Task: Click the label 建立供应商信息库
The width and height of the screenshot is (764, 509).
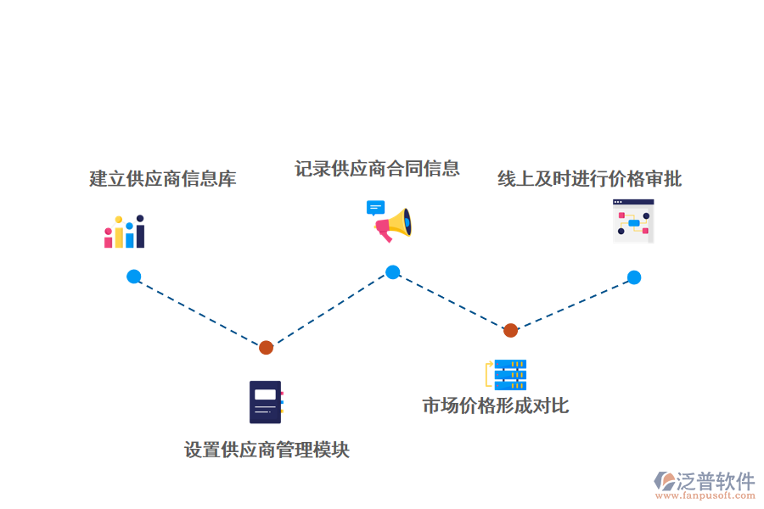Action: pyautogui.click(x=163, y=179)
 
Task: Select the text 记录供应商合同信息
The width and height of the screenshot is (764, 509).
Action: pyautogui.click(x=377, y=169)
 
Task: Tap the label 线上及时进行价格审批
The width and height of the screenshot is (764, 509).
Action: pyautogui.click(x=589, y=179)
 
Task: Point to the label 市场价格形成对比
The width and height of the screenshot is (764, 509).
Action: pyautogui.click(x=496, y=406)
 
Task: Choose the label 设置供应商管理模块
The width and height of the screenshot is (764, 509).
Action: pyautogui.click(x=267, y=450)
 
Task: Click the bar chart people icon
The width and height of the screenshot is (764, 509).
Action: pyautogui.click(x=125, y=232)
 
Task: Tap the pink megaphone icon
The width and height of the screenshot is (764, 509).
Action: pyautogui.click(x=395, y=225)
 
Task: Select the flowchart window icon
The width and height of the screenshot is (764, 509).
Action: pyautogui.click(x=633, y=221)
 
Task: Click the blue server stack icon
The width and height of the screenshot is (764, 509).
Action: pyautogui.click(x=508, y=375)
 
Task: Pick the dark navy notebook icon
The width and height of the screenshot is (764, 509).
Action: pyautogui.click(x=266, y=402)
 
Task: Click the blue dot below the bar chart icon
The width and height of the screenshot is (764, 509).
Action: pyautogui.click(x=133, y=277)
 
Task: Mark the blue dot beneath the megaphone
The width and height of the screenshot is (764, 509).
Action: pyautogui.click(x=392, y=272)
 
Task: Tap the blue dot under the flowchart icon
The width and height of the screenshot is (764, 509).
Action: pyautogui.click(x=633, y=277)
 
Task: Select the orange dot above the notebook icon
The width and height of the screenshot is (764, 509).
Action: pyautogui.click(x=266, y=347)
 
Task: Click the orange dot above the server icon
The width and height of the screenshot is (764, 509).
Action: pyautogui.click(x=510, y=330)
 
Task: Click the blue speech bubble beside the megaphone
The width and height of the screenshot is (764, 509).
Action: pyautogui.click(x=375, y=208)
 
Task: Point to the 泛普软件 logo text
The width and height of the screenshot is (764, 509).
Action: pyautogui.click(x=715, y=481)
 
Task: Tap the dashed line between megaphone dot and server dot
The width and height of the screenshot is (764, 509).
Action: pyautogui.click(x=451, y=301)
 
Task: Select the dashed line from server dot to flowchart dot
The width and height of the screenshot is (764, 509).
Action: pyautogui.click(x=572, y=304)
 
